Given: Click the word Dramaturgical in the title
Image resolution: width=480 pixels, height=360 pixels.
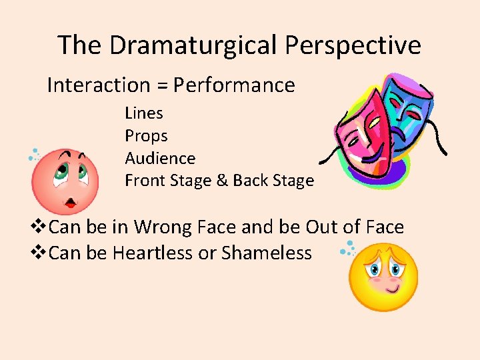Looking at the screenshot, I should pyautogui.click(x=194, y=45).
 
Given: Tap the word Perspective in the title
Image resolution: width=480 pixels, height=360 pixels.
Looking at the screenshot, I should pyautogui.click(x=353, y=45).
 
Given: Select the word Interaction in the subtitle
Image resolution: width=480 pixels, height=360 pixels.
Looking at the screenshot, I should pyautogui.click(x=99, y=85).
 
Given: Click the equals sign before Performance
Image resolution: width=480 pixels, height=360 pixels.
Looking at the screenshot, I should pyautogui.click(x=163, y=86).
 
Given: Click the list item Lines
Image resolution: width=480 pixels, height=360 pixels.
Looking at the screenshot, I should pyautogui.click(x=144, y=113).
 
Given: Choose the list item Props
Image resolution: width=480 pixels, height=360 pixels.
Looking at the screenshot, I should pyautogui.click(x=146, y=136).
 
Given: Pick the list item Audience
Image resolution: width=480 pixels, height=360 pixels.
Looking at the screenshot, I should pyautogui.click(x=160, y=159).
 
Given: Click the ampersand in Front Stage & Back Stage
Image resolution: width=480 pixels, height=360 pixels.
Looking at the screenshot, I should pyautogui.click(x=221, y=181).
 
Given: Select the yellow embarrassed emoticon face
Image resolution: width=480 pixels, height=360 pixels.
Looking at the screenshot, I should pyautogui.click(x=384, y=276).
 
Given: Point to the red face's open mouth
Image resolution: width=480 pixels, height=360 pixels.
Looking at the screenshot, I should pyautogui.click(x=69, y=201).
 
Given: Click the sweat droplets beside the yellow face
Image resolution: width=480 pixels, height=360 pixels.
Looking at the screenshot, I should pyautogui.click(x=347, y=249).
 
